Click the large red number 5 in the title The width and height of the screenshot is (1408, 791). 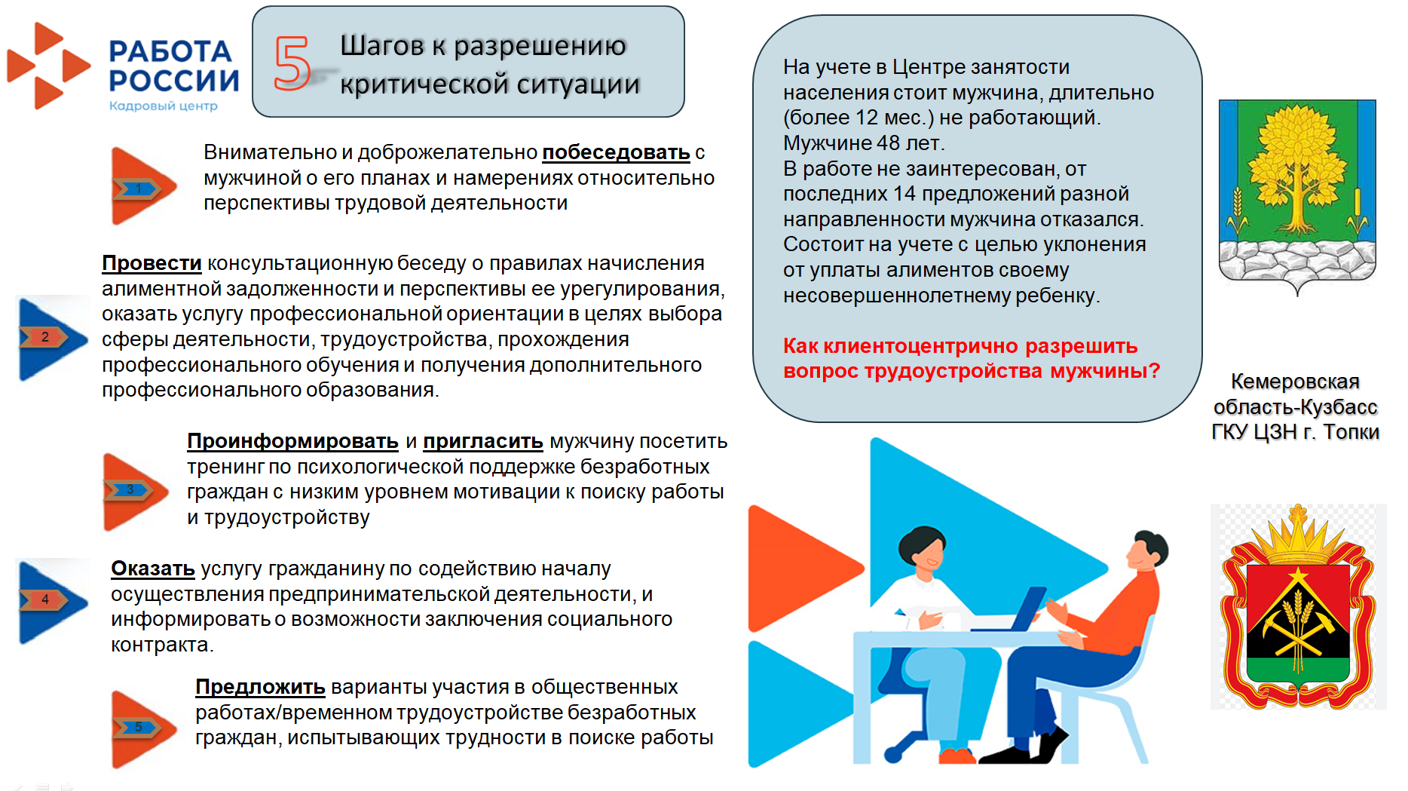click(x=292, y=63)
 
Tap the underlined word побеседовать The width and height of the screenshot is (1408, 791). click(x=616, y=152)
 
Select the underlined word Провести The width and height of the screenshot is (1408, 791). click(x=152, y=263)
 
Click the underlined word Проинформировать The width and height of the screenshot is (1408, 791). click(x=292, y=441)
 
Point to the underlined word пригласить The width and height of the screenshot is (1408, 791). click(x=482, y=441)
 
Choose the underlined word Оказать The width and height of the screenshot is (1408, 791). click(x=153, y=569)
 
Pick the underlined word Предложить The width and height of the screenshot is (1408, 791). click(x=260, y=687)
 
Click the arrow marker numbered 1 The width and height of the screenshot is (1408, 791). click(x=140, y=187)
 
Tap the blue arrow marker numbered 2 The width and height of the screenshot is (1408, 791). click(x=48, y=338)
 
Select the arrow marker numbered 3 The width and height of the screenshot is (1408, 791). click(x=132, y=491)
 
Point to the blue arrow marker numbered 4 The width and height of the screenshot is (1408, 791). click(x=48, y=600)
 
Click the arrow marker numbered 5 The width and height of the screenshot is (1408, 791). click(x=140, y=728)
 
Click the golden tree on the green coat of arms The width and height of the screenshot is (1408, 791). click(x=1296, y=166)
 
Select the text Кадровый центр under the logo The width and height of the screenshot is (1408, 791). click(x=164, y=106)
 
